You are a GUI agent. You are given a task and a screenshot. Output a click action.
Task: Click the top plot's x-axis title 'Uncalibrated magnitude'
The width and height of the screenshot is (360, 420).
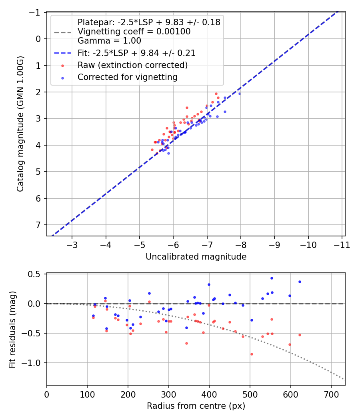click(196, 256)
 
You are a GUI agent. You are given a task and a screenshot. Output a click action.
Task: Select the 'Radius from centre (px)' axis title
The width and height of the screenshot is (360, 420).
click(196, 406)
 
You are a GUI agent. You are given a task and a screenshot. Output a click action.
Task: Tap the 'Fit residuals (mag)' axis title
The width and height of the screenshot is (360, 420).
click(12, 329)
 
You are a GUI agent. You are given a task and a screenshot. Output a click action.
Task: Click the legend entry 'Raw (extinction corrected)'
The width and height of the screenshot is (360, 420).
click(132, 65)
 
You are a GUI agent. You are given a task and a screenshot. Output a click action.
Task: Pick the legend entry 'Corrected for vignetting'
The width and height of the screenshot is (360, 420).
click(127, 77)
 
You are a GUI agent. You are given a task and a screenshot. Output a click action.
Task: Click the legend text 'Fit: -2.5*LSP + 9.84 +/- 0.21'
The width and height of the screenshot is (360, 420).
click(136, 53)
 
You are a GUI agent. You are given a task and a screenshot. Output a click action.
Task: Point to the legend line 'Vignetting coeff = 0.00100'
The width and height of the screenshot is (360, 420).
click(134, 31)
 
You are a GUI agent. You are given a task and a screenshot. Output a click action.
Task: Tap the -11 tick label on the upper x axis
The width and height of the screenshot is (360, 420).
click(342, 245)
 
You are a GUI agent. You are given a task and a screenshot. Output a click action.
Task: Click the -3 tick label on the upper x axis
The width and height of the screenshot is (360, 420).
click(72, 245)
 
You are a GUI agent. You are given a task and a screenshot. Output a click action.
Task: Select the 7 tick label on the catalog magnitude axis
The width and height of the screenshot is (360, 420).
click(38, 225)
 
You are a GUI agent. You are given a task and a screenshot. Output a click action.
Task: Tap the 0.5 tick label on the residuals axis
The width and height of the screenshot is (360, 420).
click(36, 274)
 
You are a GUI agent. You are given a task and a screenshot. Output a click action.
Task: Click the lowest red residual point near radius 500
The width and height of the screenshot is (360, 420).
click(252, 354)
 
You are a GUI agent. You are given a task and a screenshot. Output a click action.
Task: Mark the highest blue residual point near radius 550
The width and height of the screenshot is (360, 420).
click(272, 278)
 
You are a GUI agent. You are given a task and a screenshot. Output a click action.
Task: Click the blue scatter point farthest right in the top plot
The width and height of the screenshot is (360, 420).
click(240, 94)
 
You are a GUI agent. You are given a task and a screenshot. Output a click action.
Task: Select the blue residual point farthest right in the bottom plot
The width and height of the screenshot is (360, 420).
click(300, 282)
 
